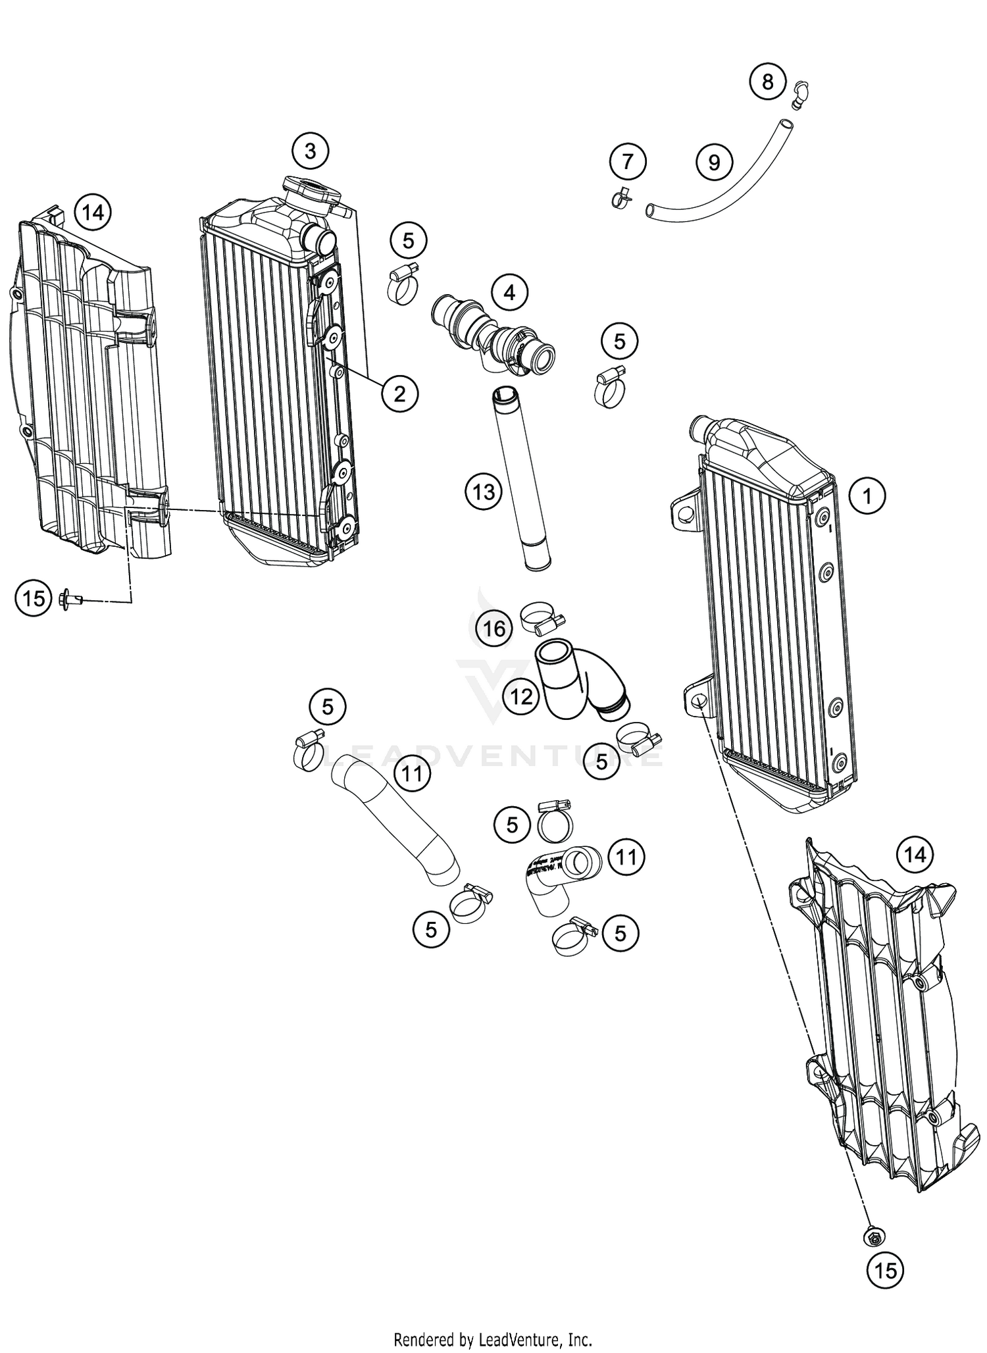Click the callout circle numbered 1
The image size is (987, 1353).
pyautogui.click(x=867, y=496)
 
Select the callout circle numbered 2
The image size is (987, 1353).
pyautogui.click(x=399, y=394)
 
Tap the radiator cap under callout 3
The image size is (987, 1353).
pyautogui.click(x=311, y=191)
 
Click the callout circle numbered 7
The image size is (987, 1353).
pyautogui.click(x=627, y=161)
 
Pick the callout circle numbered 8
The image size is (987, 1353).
pyautogui.click(x=767, y=82)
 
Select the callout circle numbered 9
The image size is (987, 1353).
pyautogui.click(x=715, y=162)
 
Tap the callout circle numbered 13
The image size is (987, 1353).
pyautogui.click(x=484, y=492)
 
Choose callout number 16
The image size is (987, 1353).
pyautogui.click(x=494, y=628)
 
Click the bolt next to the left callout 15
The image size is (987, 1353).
pyautogui.click(x=69, y=599)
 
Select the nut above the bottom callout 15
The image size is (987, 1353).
pyautogui.click(x=873, y=1237)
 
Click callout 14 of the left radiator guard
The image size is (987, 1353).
pyautogui.click(x=93, y=213)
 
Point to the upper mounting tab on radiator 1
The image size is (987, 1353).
pyautogui.click(x=685, y=509)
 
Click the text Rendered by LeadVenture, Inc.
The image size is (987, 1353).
pyautogui.click(x=493, y=1339)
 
